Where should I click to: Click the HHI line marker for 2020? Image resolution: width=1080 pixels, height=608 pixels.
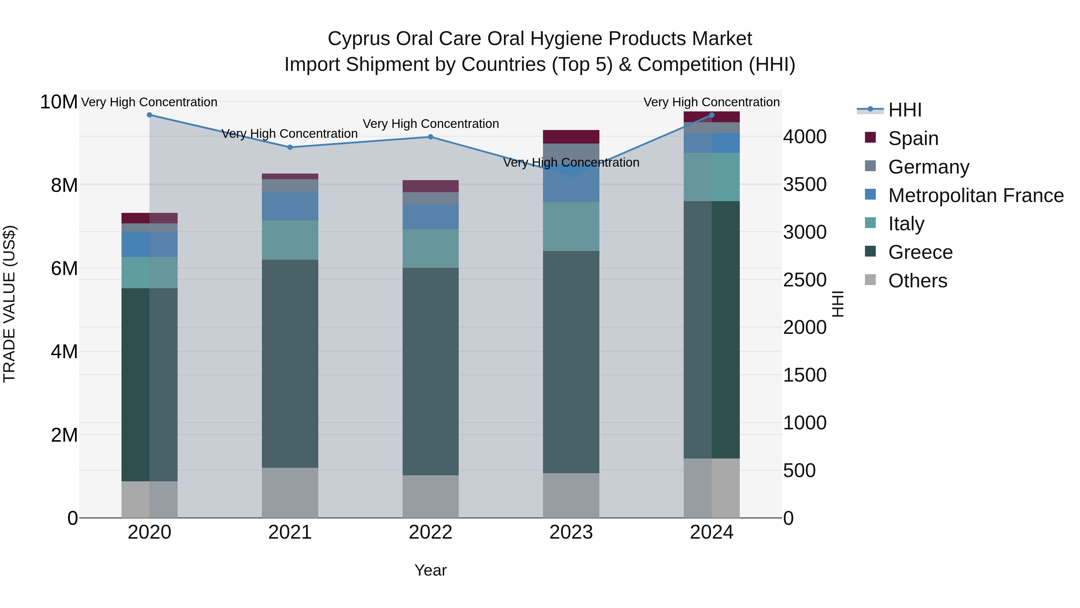(x=149, y=115)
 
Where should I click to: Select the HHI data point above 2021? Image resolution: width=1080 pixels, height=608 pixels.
(x=290, y=147)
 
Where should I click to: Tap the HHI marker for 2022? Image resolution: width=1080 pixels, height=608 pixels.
(x=430, y=137)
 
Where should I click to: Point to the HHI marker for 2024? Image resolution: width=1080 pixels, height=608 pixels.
(x=712, y=115)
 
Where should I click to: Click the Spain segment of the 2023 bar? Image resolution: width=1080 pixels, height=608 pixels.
(x=571, y=137)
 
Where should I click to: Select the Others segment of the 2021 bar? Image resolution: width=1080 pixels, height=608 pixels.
(x=290, y=493)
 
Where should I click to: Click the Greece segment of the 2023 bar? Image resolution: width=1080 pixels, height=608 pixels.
(x=571, y=362)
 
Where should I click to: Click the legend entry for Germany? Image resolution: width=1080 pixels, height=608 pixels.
(x=928, y=167)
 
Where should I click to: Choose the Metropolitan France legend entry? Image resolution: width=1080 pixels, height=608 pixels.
(x=975, y=195)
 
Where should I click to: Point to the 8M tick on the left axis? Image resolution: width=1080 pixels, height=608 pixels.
(x=64, y=185)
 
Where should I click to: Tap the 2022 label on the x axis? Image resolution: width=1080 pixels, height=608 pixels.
(x=430, y=532)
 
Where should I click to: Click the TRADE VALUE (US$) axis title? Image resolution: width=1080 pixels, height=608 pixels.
(x=9, y=304)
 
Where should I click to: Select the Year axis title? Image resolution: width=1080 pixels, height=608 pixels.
(x=430, y=570)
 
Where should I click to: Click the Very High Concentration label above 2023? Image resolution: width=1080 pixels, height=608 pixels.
(x=571, y=162)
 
